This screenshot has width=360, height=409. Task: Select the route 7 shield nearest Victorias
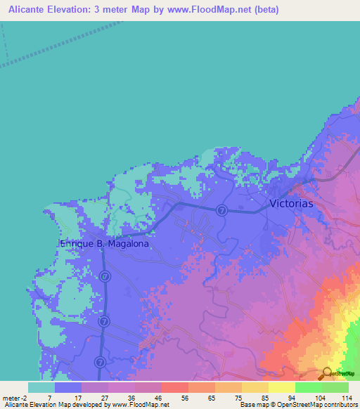(x=221, y=210)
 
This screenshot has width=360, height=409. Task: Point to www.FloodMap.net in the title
(x=208, y=10)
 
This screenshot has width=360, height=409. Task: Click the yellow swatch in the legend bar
(x=281, y=387)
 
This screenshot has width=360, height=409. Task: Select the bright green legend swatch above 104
(x=308, y=387)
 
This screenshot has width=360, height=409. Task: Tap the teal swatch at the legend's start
(x=41, y=387)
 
